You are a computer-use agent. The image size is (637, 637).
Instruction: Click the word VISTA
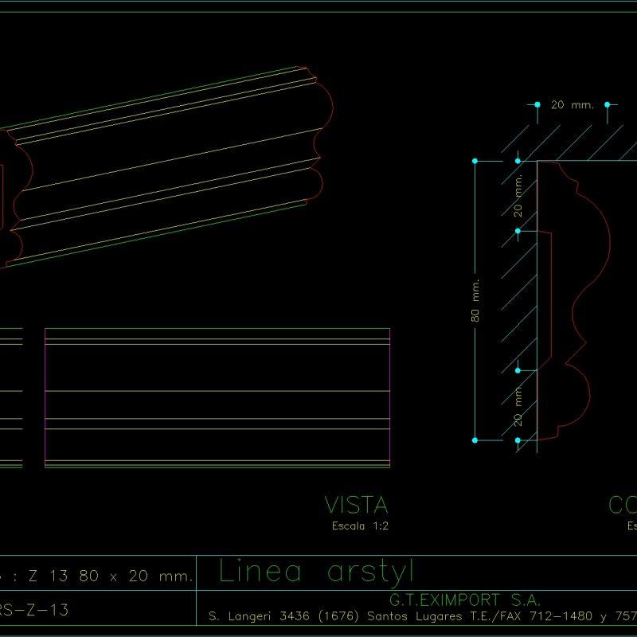(x=356, y=505)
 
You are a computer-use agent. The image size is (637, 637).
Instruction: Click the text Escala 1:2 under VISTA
(x=360, y=526)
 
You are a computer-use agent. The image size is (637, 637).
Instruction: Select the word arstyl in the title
(x=371, y=573)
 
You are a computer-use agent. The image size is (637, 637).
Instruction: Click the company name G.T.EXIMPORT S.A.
(x=465, y=599)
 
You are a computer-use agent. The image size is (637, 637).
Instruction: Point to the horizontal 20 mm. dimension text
(x=573, y=104)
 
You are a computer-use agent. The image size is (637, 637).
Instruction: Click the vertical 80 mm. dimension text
(x=476, y=300)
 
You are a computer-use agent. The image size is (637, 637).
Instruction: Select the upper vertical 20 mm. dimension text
(x=518, y=197)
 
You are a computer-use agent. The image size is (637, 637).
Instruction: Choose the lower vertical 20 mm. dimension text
(x=518, y=404)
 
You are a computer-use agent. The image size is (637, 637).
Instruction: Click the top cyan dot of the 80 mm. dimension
(x=475, y=162)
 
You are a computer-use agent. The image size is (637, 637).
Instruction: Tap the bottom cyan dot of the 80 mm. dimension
(x=475, y=440)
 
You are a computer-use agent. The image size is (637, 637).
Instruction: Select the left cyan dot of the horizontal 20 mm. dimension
(x=537, y=104)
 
